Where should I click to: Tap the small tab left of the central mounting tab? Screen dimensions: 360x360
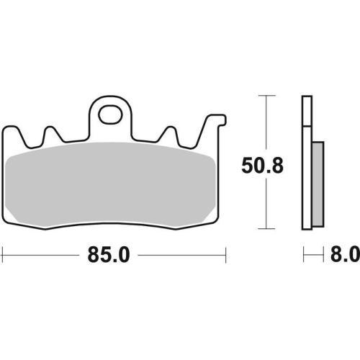[x=51, y=133]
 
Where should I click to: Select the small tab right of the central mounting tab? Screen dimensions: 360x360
[x=172, y=133]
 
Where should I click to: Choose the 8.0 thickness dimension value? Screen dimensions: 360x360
[x=345, y=254]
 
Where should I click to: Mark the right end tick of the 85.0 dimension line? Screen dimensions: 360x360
[x=225, y=254]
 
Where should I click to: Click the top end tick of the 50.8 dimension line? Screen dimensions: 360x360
[x=267, y=95]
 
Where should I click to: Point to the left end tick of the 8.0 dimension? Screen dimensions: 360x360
[x=302, y=254]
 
